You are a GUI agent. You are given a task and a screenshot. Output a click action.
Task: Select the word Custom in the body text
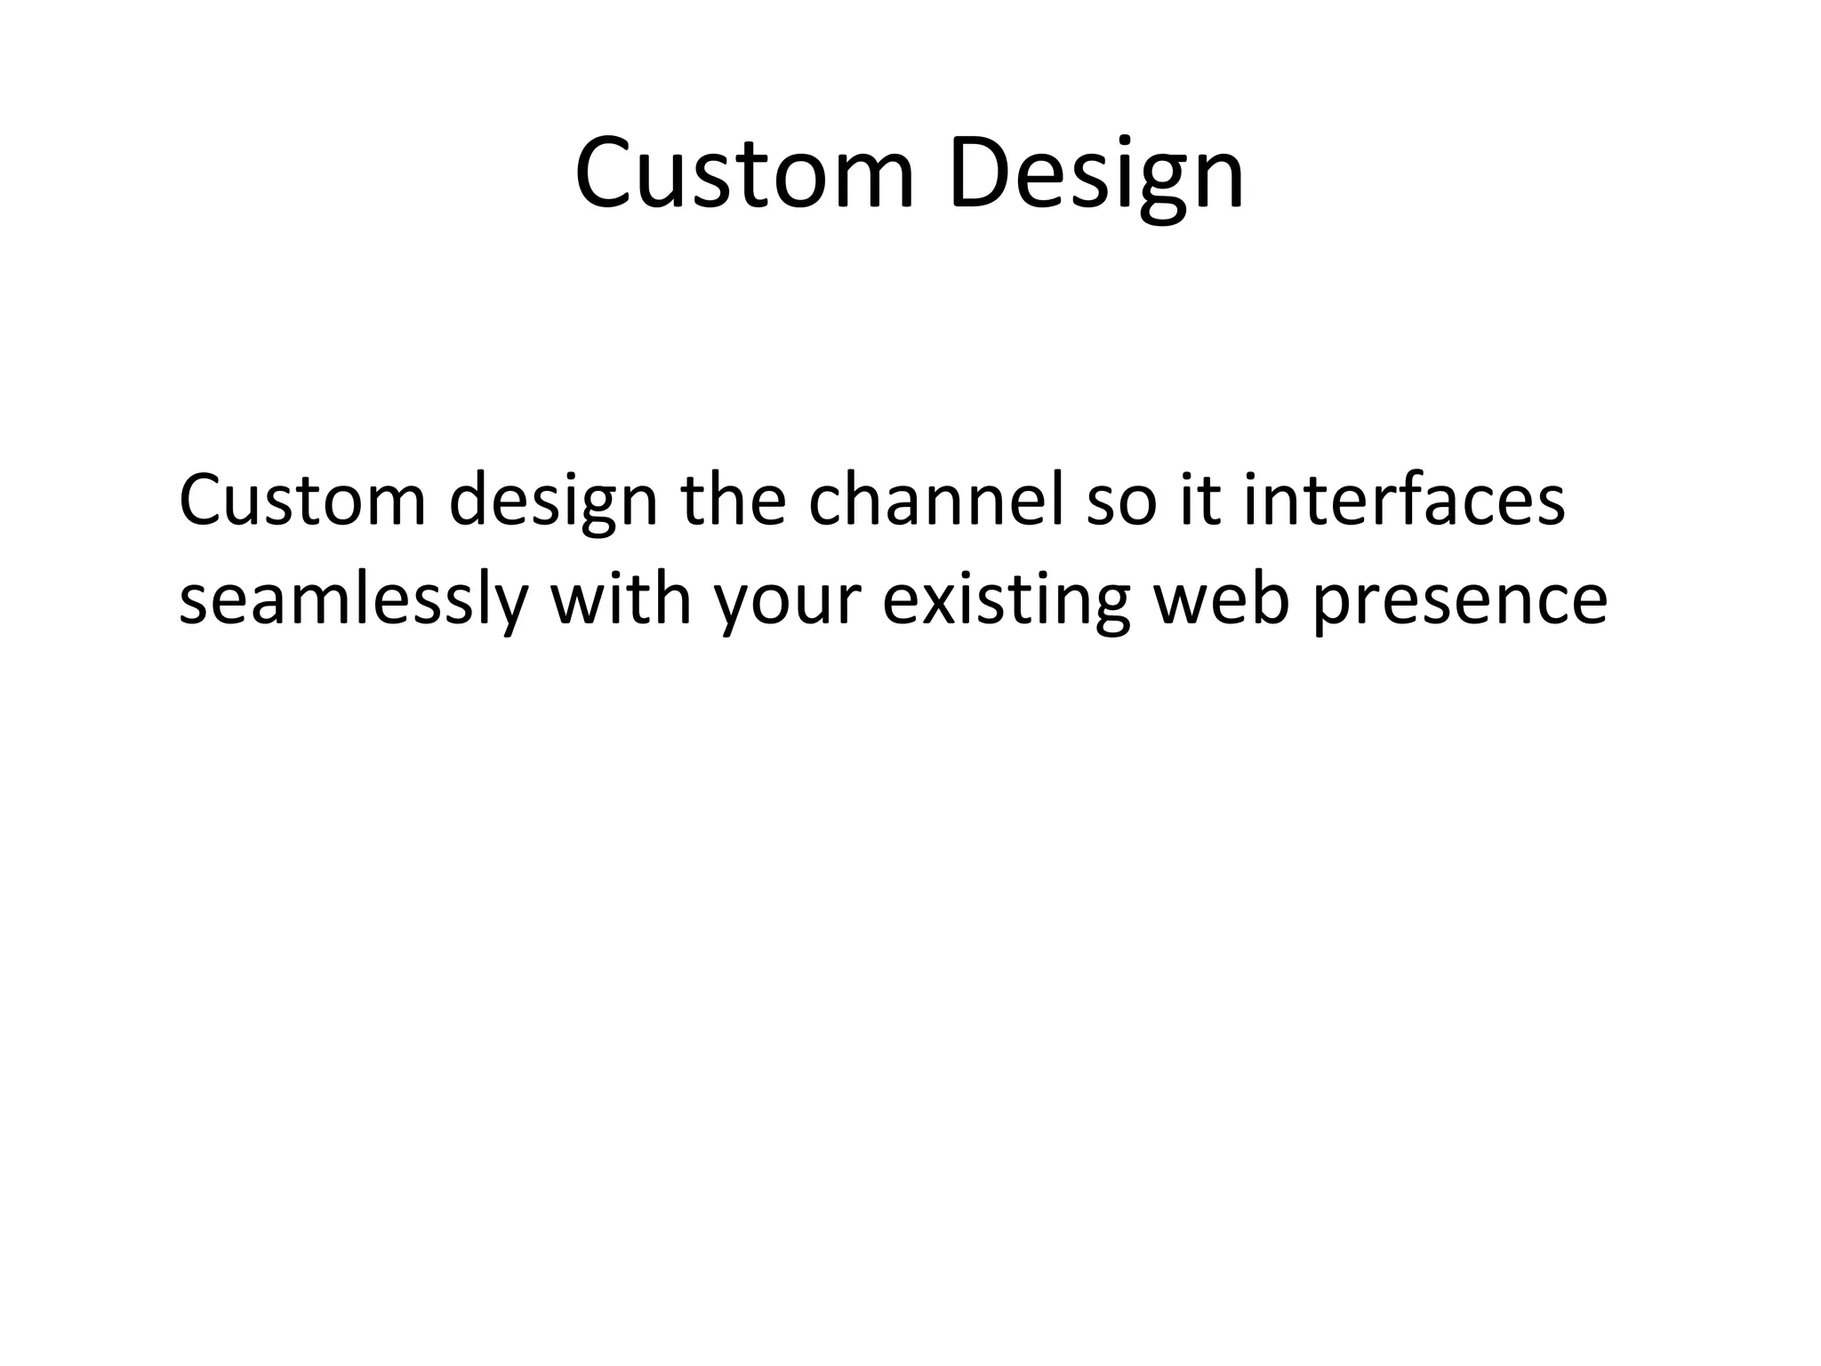coord(302,501)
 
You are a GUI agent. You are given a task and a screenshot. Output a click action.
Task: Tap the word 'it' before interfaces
coord(1199,501)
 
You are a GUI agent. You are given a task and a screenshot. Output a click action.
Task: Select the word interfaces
coord(1404,501)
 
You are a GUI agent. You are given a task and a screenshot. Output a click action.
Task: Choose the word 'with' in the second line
coord(621,598)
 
